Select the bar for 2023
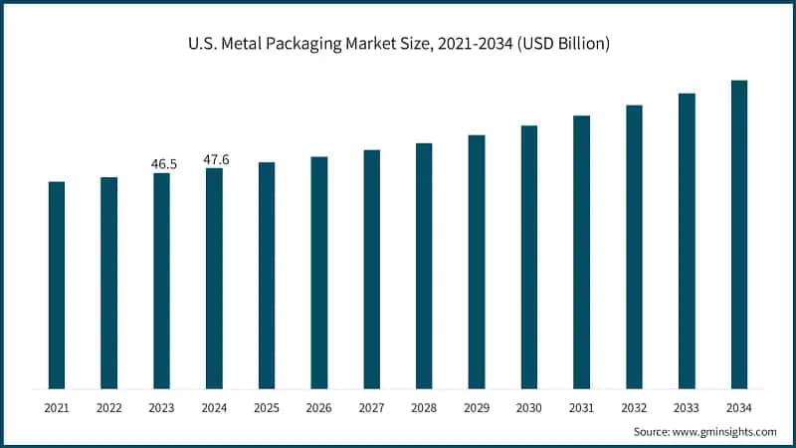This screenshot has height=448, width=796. pyautogui.click(x=161, y=281)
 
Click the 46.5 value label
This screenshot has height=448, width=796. pyautogui.click(x=163, y=163)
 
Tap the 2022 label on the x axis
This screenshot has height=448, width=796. pyautogui.click(x=109, y=408)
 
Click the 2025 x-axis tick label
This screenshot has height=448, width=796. pyautogui.click(x=267, y=408)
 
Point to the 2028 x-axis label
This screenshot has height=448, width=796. pyautogui.click(x=424, y=408)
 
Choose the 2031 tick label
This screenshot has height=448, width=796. pyautogui.click(x=581, y=408)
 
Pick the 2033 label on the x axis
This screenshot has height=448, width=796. pyautogui.click(x=687, y=408)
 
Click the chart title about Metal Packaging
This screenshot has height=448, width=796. pyautogui.click(x=397, y=45)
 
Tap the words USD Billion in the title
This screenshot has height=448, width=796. pyautogui.click(x=568, y=45)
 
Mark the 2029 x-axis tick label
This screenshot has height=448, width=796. pyautogui.click(x=477, y=408)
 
